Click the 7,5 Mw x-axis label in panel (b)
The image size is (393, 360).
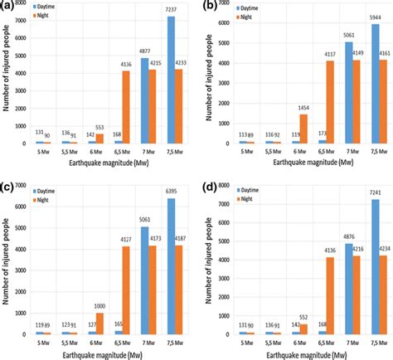(x=365, y=155)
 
